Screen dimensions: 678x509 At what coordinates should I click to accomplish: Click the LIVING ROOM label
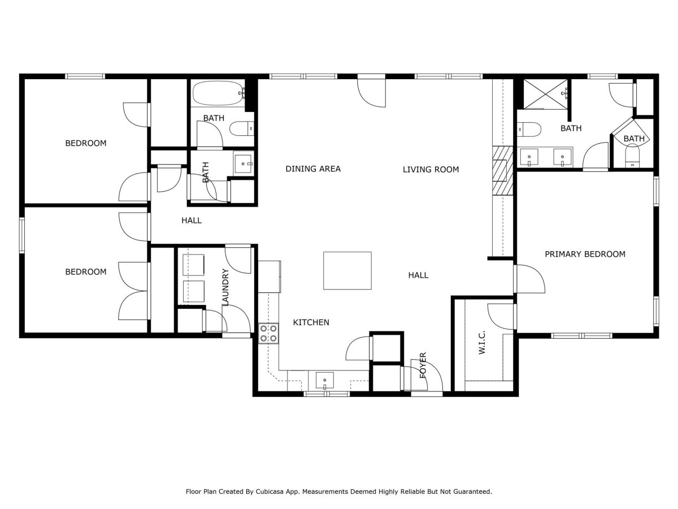click(431, 169)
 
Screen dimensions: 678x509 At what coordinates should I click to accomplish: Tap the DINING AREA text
click(313, 169)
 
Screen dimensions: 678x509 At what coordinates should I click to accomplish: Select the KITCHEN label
click(311, 322)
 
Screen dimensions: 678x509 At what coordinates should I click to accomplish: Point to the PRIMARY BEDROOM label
click(585, 254)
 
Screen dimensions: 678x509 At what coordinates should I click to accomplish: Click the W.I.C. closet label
click(482, 342)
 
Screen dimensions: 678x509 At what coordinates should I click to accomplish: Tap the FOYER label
click(423, 365)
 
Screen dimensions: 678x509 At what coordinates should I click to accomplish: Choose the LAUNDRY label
click(226, 287)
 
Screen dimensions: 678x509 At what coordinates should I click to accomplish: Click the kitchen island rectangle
click(347, 270)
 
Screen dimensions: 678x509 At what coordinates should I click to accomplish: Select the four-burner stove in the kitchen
click(268, 334)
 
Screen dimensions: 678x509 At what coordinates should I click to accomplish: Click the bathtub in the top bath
click(218, 93)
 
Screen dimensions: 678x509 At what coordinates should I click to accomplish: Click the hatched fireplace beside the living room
click(502, 171)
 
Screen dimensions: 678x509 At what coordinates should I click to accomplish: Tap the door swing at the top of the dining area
click(372, 93)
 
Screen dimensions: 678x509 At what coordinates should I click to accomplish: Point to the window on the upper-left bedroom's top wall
click(85, 76)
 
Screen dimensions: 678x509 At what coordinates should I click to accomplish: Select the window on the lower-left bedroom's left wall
click(21, 235)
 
